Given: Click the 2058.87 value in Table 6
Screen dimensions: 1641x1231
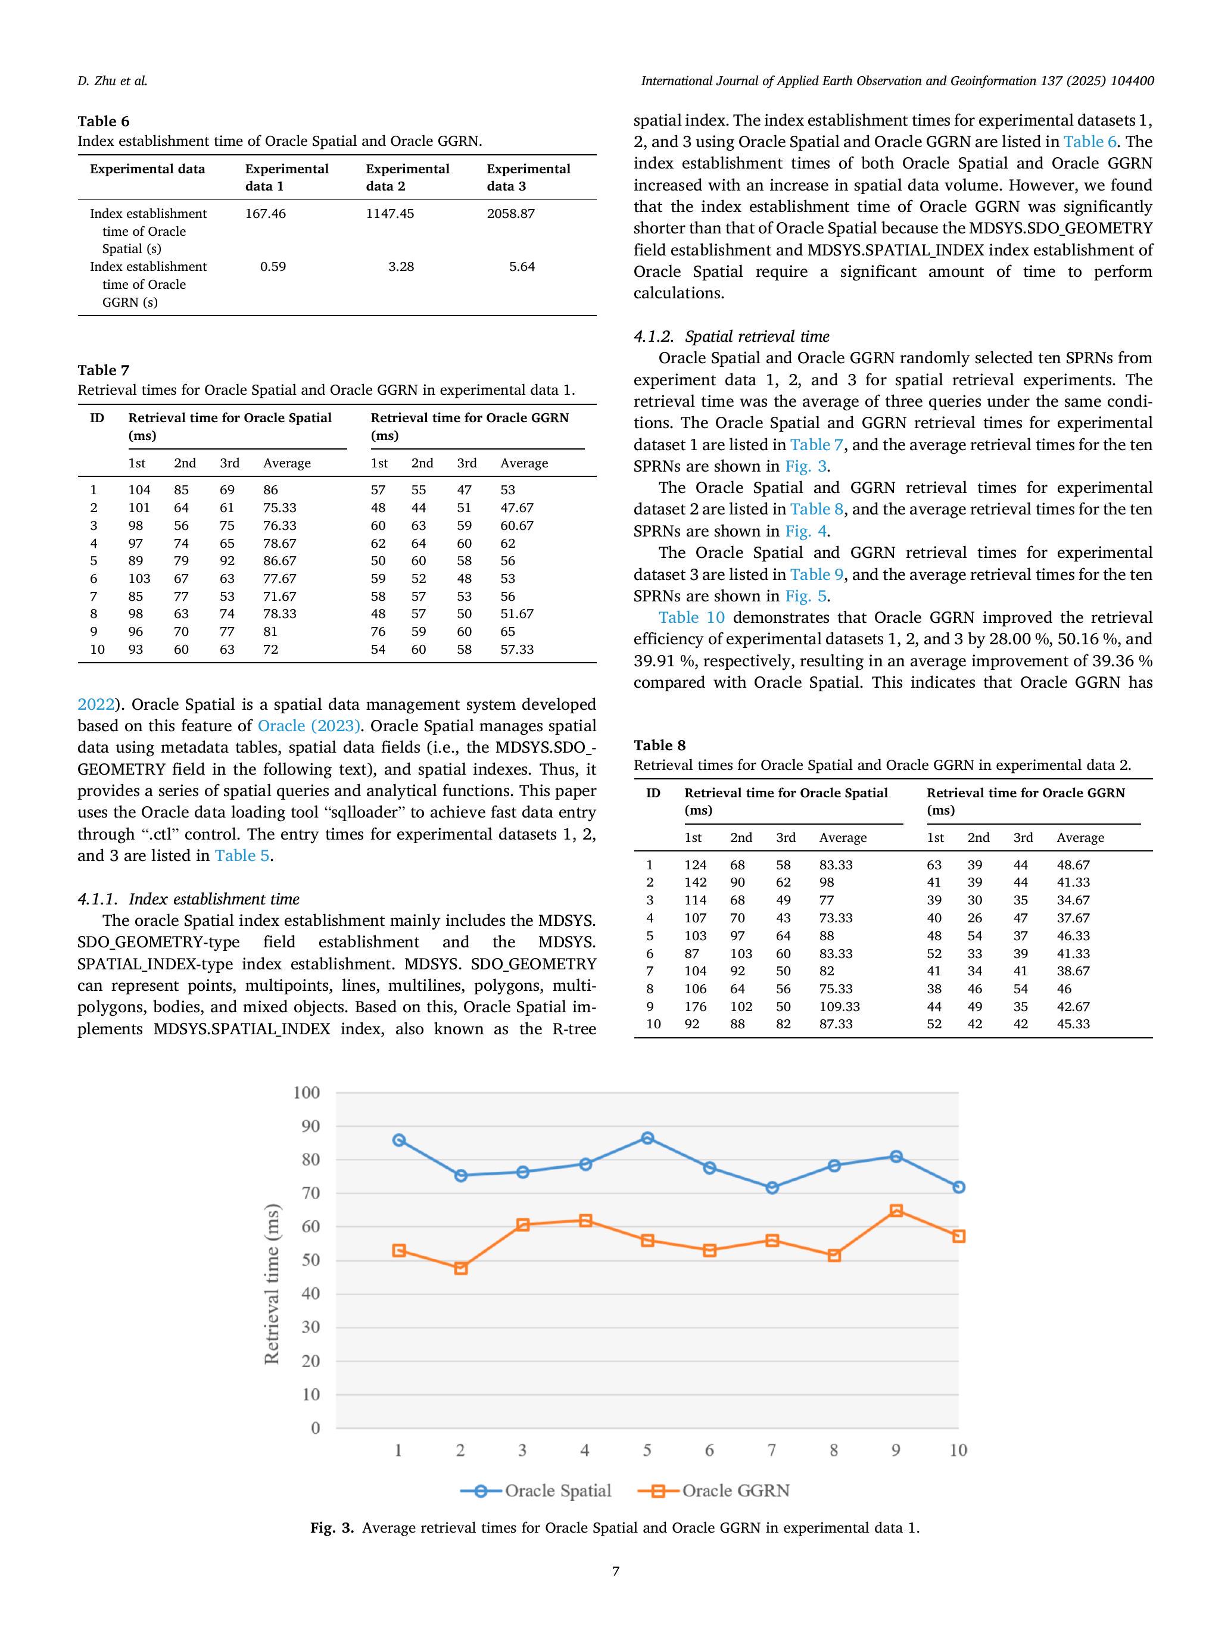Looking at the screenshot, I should [510, 214].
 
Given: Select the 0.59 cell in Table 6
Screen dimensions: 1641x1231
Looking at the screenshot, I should [273, 266].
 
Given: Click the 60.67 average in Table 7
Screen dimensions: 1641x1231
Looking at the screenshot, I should [516, 525].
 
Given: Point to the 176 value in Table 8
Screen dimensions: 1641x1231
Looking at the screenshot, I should [695, 1007].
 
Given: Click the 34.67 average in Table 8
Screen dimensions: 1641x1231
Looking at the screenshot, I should [1073, 900].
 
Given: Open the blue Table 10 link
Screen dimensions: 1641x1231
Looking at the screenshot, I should [691, 618].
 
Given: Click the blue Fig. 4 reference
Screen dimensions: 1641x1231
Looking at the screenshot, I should [806, 531].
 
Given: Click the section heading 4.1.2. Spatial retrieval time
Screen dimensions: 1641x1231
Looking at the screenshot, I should [731, 336].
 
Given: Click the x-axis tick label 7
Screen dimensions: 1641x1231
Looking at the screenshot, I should [772, 1450].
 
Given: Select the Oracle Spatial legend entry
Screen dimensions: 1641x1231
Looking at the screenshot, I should [536, 1491].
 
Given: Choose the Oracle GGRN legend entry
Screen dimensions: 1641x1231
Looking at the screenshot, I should [714, 1491].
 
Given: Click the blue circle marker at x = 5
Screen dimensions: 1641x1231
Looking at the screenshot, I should [647, 1138].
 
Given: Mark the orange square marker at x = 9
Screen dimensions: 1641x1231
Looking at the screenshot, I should [896, 1211].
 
